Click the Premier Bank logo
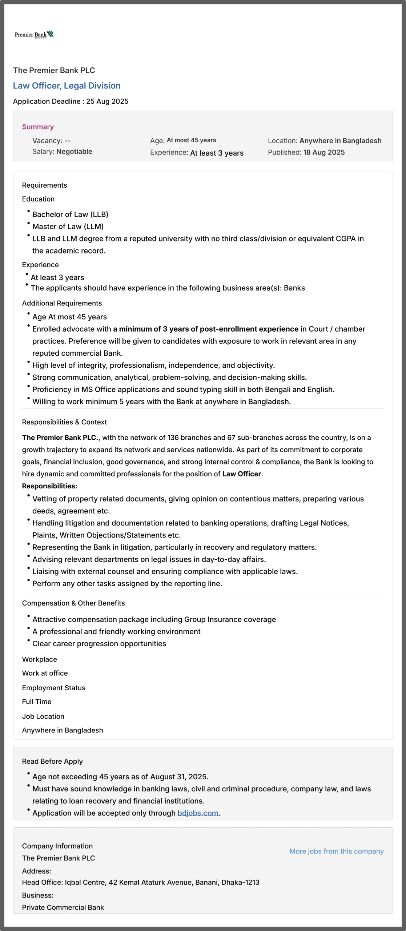click(34, 35)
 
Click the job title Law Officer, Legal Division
click(67, 86)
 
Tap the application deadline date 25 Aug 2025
click(107, 101)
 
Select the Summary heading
click(38, 127)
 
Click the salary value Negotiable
click(74, 152)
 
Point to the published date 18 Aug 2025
click(324, 152)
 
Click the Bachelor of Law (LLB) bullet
click(70, 215)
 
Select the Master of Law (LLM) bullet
click(68, 227)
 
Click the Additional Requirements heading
click(62, 303)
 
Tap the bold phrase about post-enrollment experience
click(206, 329)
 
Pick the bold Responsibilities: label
click(49, 486)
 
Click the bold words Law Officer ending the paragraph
click(242, 474)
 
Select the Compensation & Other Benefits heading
click(73, 603)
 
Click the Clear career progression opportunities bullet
click(99, 644)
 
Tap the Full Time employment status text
click(37, 702)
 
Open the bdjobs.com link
click(199, 813)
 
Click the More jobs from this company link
click(336, 851)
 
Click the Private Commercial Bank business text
click(63, 907)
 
